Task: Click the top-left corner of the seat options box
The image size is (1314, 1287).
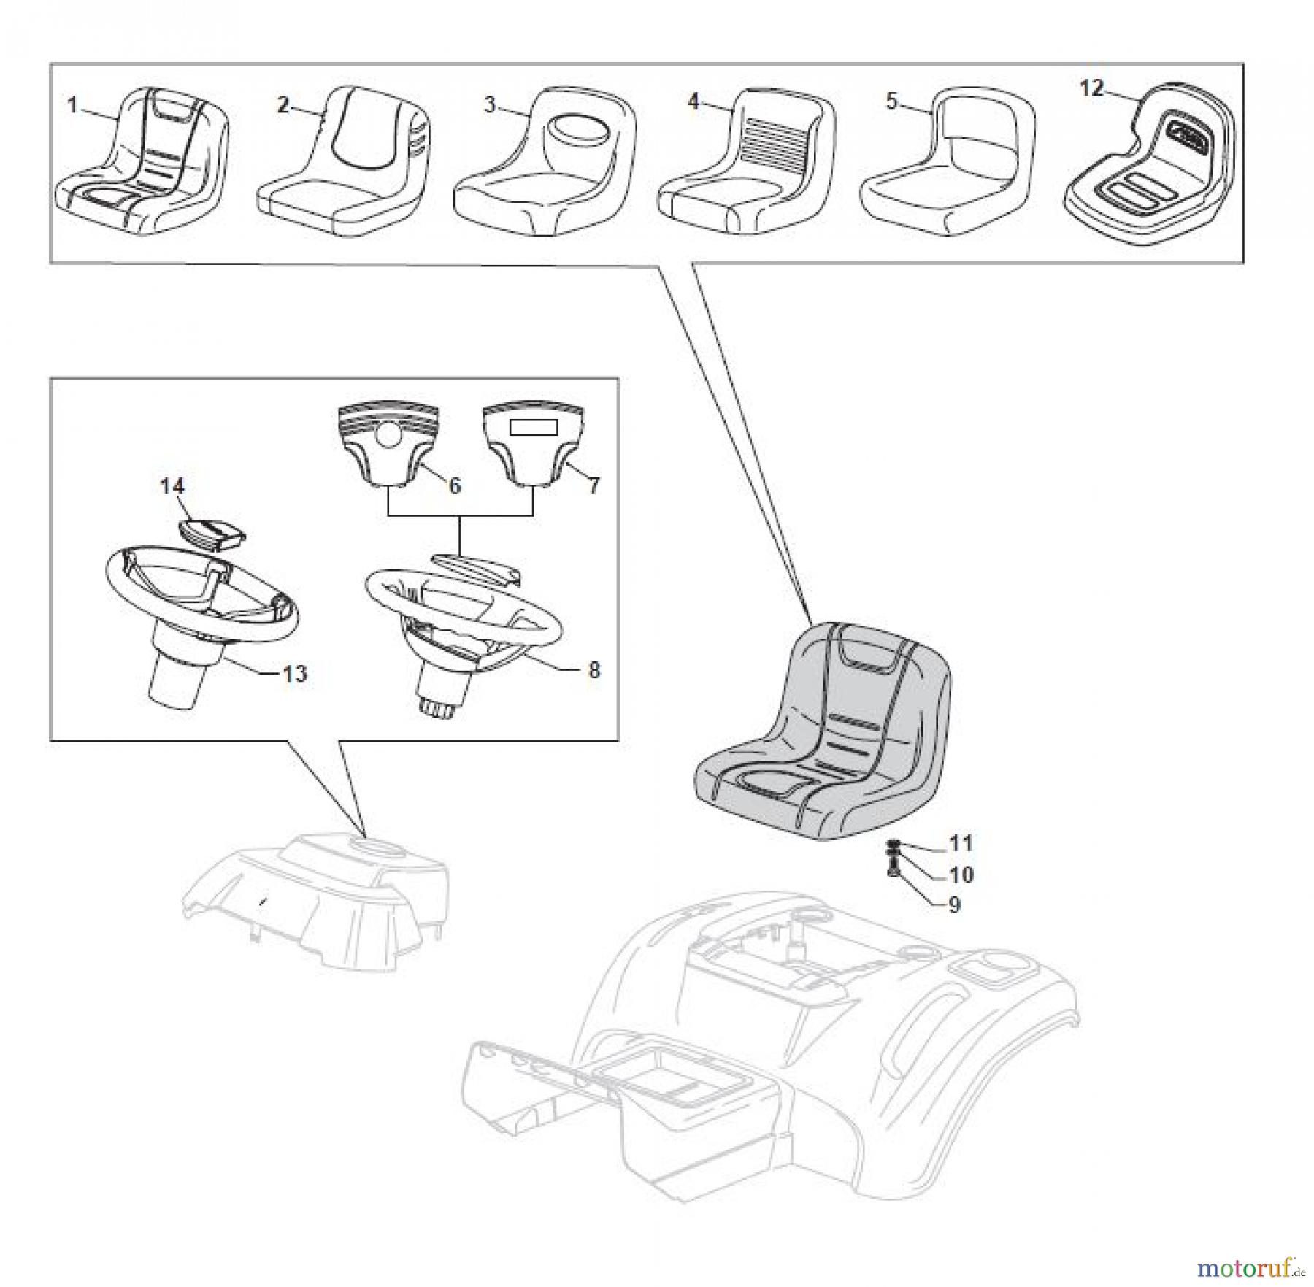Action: [50, 64]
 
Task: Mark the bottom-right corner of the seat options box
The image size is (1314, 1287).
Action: [1242, 263]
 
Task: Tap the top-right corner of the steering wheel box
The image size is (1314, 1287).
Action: [618, 378]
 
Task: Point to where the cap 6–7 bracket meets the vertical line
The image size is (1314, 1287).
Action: [460, 515]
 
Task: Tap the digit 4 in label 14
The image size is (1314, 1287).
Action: [180, 486]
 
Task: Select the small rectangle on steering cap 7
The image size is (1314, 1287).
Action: [533, 428]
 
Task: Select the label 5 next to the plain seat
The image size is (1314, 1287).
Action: [891, 101]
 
